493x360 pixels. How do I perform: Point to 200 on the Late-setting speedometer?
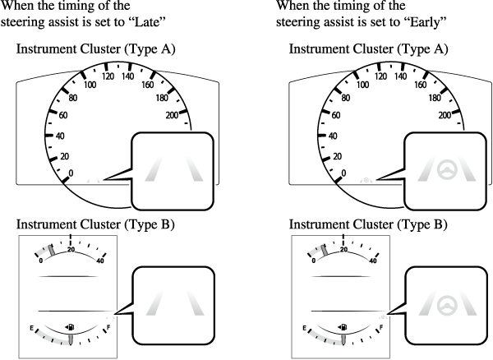tap(173, 115)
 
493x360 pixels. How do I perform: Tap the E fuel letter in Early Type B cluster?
tap(298, 328)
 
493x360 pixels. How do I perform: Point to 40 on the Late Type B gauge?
tap(100, 261)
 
